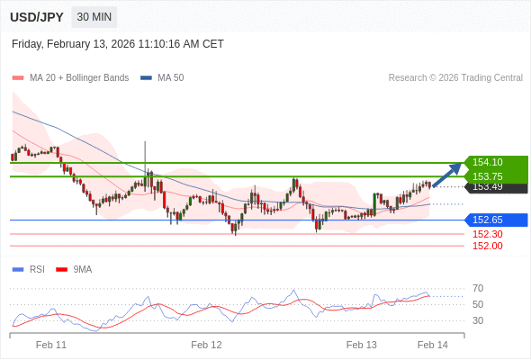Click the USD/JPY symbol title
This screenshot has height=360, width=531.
36,17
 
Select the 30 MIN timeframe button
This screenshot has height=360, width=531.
94,17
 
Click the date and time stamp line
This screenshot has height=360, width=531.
118,44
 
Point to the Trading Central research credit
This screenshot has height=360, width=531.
455,78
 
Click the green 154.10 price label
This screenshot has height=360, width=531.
487,163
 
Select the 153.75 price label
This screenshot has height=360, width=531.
487,176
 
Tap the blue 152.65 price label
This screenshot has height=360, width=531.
487,220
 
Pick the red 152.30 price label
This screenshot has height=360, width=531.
487,234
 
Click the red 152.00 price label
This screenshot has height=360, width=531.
487,246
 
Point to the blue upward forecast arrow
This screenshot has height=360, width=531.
446,175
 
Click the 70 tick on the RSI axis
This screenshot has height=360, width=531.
478,288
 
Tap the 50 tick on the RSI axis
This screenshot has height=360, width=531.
478,304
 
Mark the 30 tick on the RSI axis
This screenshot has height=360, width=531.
478,320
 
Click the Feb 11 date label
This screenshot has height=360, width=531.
51,345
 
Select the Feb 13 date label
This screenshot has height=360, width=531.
362,345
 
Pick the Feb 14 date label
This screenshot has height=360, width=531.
433,345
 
